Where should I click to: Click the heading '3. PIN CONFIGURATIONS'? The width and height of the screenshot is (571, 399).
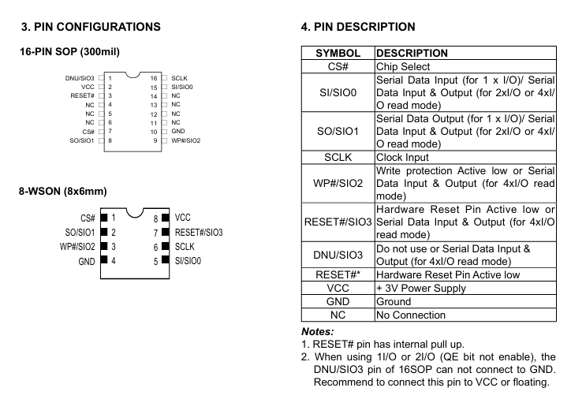[x=91, y=27]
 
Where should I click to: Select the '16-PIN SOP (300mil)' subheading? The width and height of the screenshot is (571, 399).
[x=69, y=52]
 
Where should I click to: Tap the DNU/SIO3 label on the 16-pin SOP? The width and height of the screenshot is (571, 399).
[x=80, y=78]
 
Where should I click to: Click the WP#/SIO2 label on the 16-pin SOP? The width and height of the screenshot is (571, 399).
[x=185, y=140]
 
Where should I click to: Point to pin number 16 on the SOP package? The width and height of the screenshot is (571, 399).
[x=154, y=78]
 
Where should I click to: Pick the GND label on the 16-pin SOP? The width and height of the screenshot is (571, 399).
[x=178, y=131]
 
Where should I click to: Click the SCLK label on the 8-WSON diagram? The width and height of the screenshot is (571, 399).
[x=185, y=247]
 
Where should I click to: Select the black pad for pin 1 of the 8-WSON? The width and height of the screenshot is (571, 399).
[x=104, y=218]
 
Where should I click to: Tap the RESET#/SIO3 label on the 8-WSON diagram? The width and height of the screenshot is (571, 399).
[x=199, y=233]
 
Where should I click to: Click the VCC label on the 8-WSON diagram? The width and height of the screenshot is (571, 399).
[x=182, y=218]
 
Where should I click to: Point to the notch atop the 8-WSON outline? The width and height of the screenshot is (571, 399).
[x=135, y=214]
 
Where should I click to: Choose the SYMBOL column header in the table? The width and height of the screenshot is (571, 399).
[x=338, y=53]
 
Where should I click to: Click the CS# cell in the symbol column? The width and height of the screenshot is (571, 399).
[x=338, y=66]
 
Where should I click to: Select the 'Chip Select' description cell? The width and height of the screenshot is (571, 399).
[x=403, y=66]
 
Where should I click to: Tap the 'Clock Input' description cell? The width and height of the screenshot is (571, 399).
[x=402, y=157]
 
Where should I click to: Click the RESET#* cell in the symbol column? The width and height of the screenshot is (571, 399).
[x=338, y=274]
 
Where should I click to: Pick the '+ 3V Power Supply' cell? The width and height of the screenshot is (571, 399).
[x=421, y=289]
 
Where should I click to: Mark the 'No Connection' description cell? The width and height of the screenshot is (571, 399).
[x=411, y=315]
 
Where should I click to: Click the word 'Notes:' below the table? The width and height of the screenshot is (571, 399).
[x=318, y=332]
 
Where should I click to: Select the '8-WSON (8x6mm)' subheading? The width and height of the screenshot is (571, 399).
[x=63, y=192]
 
